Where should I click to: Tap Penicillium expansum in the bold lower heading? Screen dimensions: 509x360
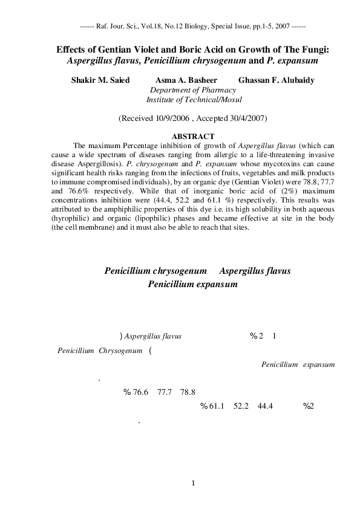pos(192,284)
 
